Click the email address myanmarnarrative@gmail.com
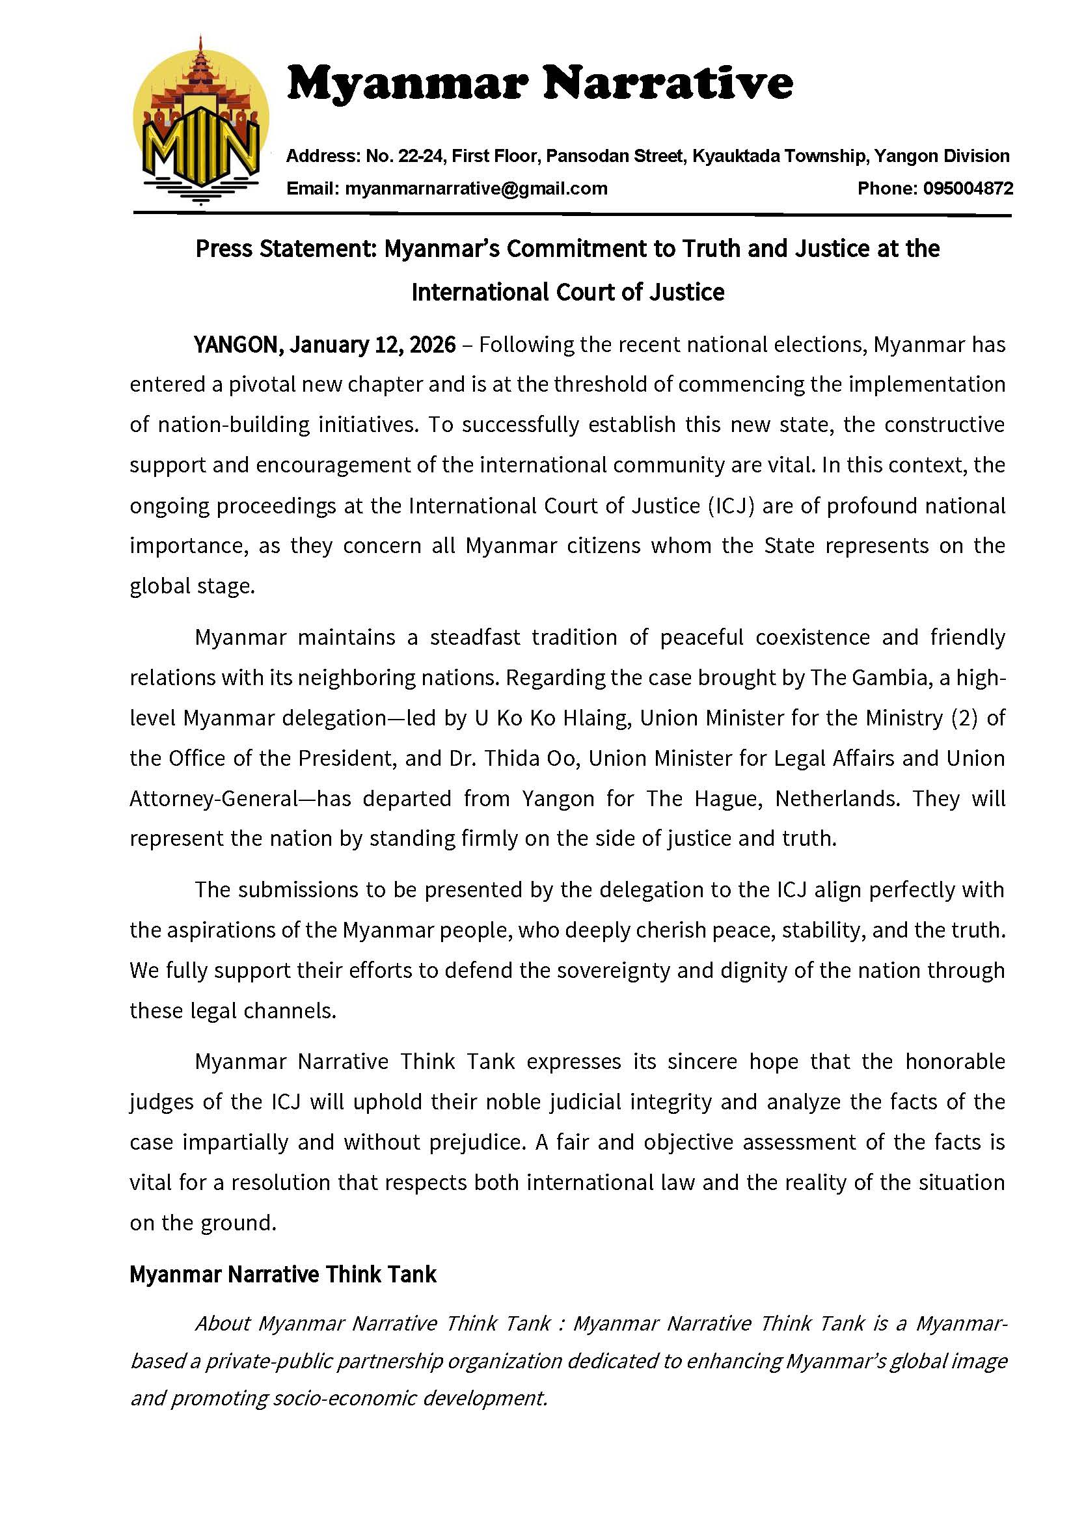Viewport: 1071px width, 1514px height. click(476, 189)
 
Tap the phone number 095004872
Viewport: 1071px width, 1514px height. click(968, 189)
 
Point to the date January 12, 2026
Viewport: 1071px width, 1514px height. click(372, 345)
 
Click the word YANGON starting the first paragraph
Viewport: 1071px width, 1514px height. click(237, 345)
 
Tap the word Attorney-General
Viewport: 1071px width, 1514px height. click(213, 799)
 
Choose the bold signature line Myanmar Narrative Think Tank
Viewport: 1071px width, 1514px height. click(283, 1274)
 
